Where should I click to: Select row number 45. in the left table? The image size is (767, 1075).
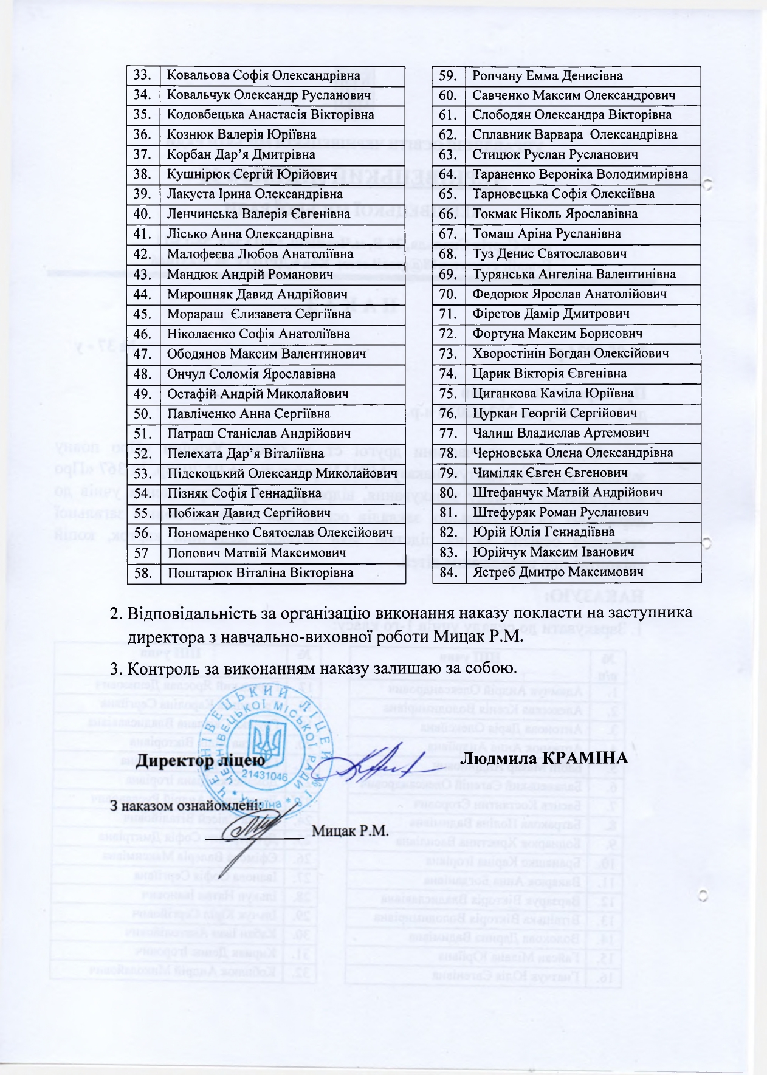pos(142,314)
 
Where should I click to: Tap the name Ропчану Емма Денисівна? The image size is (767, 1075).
pos(547,76)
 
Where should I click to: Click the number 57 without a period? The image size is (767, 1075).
pos(141,553)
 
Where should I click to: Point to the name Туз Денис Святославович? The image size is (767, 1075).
pos(549,254)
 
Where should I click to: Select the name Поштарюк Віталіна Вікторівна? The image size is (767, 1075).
pos(260,573)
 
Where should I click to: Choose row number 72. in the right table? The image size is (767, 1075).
pos(448,334)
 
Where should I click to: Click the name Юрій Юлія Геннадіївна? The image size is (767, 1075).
pos(543,532)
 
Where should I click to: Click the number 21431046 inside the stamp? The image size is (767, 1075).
pos(265,776)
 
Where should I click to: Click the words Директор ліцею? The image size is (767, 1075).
pos(201,760)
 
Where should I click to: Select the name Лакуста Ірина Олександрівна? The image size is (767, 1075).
pos(255,194)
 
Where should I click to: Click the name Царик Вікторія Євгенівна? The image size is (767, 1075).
pos(549,373)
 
